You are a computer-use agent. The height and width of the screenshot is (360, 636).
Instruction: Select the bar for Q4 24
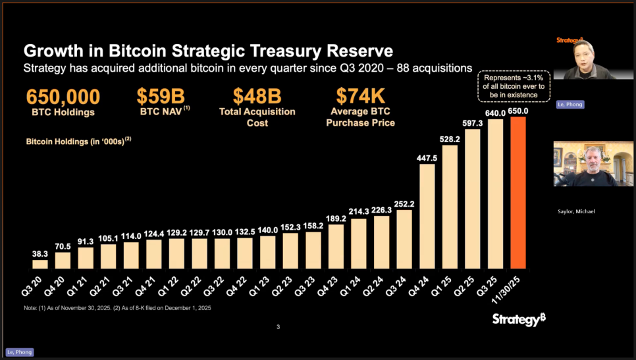tap(427, 216)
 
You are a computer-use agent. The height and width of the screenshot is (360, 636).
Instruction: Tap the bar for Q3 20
tap(40, 265)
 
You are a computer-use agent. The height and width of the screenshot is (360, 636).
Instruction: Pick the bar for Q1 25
tap(450, 207)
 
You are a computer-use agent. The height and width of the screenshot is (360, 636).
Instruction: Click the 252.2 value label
tap(404, 203)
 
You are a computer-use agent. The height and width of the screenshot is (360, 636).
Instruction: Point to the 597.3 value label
tap(473, 123)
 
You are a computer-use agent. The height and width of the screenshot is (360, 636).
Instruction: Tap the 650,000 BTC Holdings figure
tap(63, 96)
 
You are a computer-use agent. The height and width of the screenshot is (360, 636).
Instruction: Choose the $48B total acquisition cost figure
tap(257, 96)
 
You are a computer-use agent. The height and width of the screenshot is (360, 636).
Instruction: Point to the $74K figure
tap(359, 96)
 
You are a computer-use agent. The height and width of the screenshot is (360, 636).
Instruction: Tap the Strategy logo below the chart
tap(519, 319)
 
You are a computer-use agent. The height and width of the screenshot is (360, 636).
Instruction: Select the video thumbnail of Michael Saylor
tap(584, 164)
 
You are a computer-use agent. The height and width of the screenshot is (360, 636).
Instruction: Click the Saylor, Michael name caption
tap(576, 211)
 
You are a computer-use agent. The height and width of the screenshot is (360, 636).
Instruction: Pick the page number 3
tap(278, 327)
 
